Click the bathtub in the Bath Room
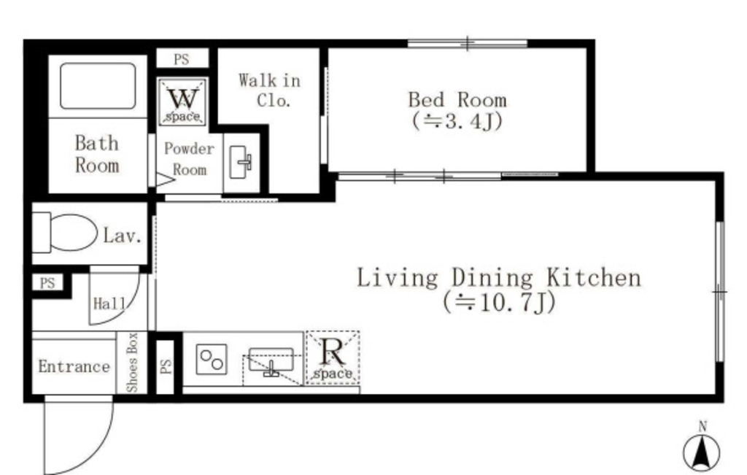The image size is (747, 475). [98, 86]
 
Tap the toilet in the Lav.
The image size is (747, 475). [65, 233]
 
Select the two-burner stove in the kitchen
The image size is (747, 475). [212, 360]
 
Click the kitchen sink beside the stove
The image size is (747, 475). [271, 362]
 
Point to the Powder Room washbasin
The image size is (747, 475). [241, 162]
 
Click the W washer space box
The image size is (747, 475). [183, 102]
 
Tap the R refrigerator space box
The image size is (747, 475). [333, 358]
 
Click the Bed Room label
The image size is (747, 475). [457, 100]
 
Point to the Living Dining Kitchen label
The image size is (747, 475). [499, 278]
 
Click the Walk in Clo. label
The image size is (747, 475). [270, 90]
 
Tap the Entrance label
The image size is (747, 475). [74, 366]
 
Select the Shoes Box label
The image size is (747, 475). [132, 363]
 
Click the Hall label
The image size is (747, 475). [109, 304]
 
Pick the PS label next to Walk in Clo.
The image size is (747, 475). [182, 59]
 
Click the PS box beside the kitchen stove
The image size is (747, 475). [166, 367]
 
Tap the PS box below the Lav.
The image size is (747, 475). [47, 283]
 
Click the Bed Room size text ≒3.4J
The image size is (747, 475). [457, 121]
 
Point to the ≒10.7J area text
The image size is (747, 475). [499, 302]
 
